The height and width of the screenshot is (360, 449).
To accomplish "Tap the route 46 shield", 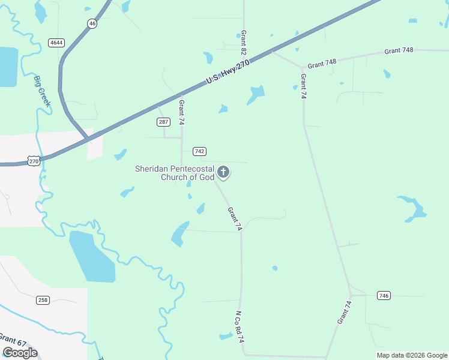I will point(91,23).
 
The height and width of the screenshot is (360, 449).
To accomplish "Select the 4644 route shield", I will point(57,43).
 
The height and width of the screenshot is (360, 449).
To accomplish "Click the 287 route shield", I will point(164,122).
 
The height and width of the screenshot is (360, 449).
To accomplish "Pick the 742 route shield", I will point(199,151).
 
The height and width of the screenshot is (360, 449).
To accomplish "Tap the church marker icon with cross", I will point(223,173).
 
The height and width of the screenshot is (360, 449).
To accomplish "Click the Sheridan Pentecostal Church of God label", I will point(175,173).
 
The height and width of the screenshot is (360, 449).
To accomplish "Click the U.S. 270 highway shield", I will point(34,161).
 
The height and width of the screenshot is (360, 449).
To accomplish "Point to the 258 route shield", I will point(43,300).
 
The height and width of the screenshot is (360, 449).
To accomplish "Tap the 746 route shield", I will point(384,295).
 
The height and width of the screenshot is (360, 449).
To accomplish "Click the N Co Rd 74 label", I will point(240,327).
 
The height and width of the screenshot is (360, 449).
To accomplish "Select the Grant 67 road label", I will point(12,340).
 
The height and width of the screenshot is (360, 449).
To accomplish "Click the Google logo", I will point(20,353).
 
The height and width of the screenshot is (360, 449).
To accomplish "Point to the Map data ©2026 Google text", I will point(411,355).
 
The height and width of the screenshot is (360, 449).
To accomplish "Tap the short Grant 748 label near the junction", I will point(322,62).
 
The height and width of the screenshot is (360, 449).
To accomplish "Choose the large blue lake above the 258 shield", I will point(91,257).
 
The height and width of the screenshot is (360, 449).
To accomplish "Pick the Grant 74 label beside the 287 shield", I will point(181,113).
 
